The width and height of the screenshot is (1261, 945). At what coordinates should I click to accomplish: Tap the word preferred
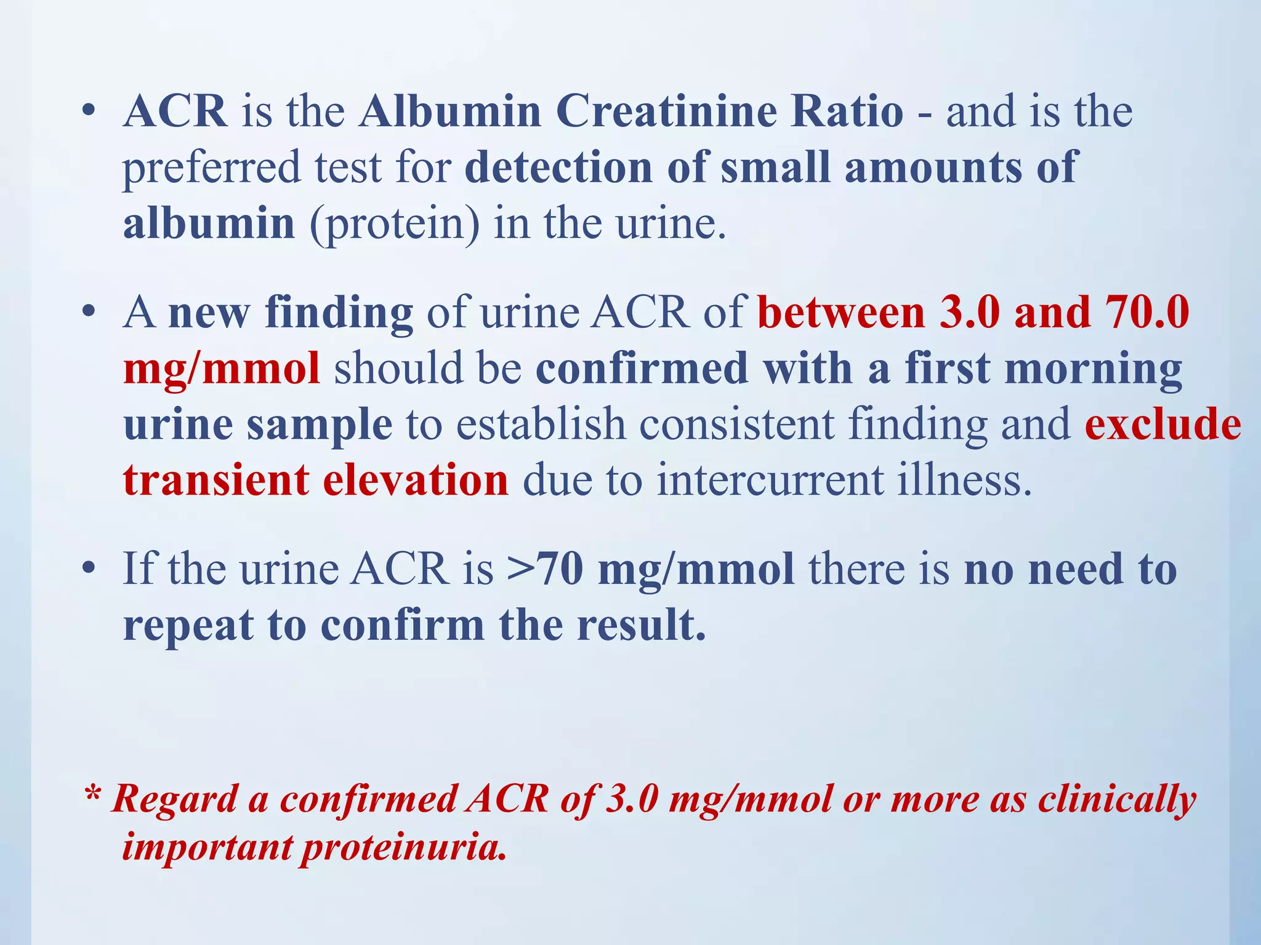(212, 168)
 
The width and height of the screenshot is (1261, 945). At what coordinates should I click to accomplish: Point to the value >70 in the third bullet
(545, 569)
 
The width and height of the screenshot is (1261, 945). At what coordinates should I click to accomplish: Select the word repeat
(188, 626)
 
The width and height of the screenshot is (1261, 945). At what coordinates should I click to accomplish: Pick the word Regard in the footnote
(174, 800)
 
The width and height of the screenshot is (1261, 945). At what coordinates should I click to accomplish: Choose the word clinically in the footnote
(1117, 800)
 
